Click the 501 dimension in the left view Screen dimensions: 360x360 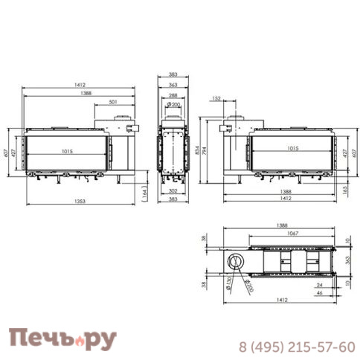coord(113,102)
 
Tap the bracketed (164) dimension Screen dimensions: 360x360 coord(144,192)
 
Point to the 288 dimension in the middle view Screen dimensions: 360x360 coord(172,96)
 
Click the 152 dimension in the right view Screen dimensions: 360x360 coord(216,97)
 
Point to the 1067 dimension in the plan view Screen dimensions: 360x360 coord(292,233)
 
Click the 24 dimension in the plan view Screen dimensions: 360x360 coord(318,284)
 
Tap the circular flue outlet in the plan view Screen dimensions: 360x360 coord(235,261)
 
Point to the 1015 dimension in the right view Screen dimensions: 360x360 coord(292,147)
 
